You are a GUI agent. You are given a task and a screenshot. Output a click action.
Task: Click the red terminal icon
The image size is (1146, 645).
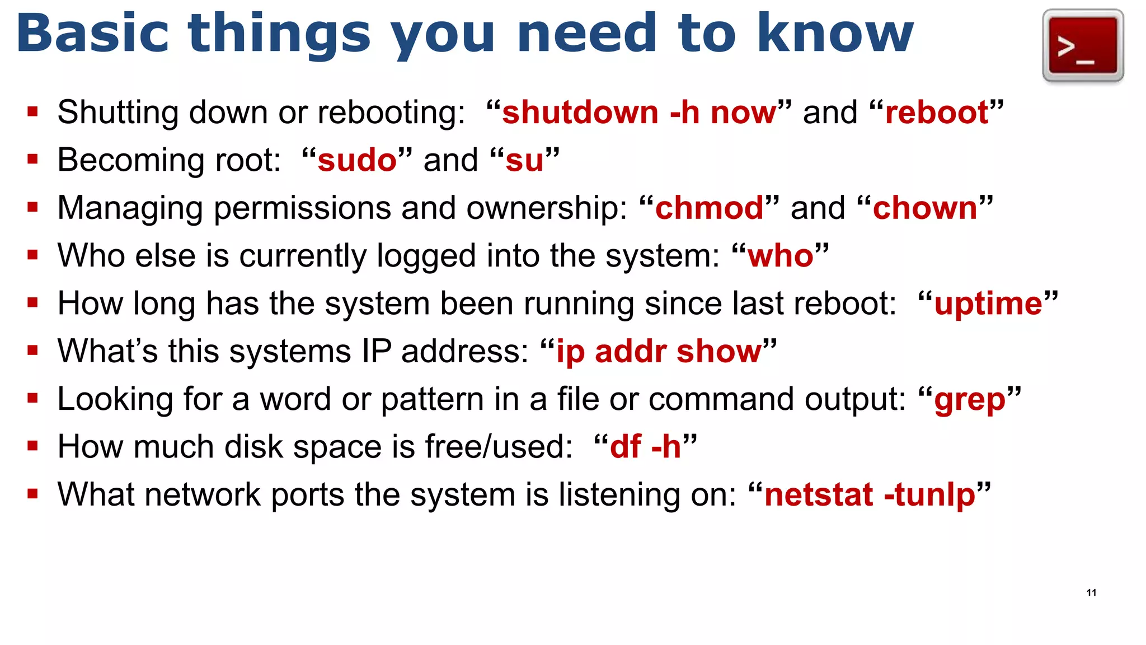1083,45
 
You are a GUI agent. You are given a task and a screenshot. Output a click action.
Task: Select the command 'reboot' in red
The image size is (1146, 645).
937,112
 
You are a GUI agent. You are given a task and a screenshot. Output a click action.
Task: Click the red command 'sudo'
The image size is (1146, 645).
357,160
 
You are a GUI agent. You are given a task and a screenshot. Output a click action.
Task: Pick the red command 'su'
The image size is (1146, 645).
524,160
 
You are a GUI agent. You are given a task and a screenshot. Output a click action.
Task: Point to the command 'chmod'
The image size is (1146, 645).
709,208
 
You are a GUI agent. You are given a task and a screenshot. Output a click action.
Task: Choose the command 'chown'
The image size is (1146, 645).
924,208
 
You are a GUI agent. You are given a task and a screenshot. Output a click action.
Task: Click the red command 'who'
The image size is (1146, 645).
780,256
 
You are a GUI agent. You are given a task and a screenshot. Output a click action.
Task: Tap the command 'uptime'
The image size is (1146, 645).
988,303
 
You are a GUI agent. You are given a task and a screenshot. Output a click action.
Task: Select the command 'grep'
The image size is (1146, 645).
970,400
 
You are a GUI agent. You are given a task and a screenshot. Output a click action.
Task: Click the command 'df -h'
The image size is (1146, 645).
645,447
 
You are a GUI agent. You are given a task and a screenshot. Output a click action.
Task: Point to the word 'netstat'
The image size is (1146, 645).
819,495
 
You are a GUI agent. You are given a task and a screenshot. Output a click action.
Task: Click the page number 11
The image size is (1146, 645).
1091,593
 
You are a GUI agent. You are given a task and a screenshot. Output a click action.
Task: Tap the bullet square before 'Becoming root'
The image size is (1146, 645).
32,160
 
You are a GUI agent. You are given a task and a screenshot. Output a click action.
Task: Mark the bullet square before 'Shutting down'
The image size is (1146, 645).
32,112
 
